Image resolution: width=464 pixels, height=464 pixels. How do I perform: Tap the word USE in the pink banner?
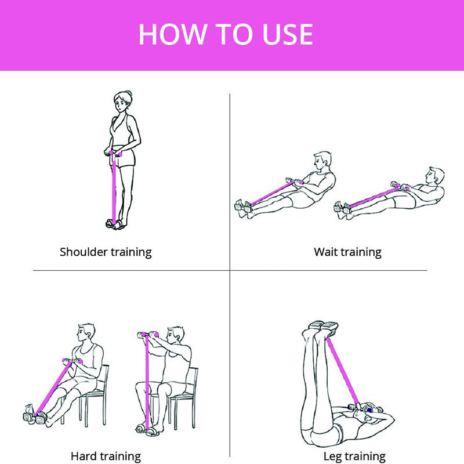point(288,34)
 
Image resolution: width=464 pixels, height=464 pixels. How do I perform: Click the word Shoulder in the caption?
point(84,252)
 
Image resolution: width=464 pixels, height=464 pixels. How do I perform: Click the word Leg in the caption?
point(332,456)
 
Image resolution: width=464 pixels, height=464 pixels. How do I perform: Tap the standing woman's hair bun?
point(128,93)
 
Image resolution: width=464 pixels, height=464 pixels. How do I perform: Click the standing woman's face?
point(121,104)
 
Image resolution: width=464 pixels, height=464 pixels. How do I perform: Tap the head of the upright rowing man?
point(322,161)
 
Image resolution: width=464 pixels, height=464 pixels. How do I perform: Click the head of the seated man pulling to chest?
point(86,333)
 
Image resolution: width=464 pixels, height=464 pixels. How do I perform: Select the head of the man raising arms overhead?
point(175,336)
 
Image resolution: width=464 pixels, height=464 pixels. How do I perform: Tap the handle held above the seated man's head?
point(148,335)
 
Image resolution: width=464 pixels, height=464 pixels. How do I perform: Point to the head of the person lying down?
point(372,410)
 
